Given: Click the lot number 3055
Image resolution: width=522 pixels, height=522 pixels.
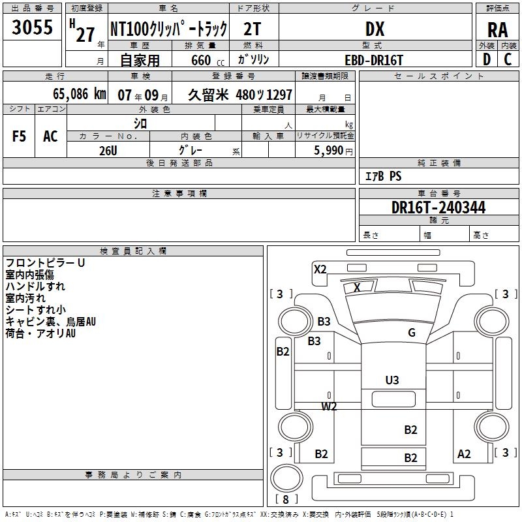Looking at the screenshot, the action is click(x=32, y=28).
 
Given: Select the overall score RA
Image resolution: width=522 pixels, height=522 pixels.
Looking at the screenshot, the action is click(x=497, y=30).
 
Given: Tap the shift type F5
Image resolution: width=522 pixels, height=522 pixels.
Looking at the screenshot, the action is click(x=20, y=136).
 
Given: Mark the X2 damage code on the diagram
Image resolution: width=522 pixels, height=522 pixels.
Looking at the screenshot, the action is click(x=320, y=269).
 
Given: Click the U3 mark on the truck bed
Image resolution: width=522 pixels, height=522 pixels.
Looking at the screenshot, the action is click(x=392, y=380).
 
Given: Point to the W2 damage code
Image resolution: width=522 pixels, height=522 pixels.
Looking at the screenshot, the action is click(x=329, y=407).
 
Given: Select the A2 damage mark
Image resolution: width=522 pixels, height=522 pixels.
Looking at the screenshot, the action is click(x=464, y=454).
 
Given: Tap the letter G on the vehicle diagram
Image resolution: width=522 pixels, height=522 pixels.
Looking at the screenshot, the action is click(x=412, y=333).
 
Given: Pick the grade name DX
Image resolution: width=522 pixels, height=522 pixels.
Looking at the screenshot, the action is click(x=375, y=29).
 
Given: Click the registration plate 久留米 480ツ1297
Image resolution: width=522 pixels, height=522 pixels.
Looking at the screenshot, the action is click(x=239, y=95).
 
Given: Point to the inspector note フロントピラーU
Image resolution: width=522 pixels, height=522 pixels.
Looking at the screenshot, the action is click(x=45, y=263).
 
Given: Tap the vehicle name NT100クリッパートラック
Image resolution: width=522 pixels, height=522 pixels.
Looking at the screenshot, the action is click(x=168, y=29).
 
